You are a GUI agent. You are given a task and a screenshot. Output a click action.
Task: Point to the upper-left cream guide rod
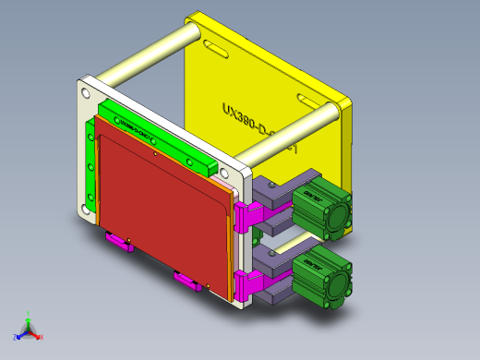click(x=148, y=57)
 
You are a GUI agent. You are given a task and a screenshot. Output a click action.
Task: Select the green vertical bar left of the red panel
click(x=90, y=166)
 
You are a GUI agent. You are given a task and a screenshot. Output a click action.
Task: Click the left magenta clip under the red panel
click(x=119, y=244)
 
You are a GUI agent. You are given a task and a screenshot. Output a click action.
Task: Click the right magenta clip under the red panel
click(x=187, y=281)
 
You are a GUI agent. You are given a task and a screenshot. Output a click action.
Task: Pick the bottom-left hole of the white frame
click(x=86, y=210)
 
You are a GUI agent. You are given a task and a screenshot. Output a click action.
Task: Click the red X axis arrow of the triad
click(x=39, y=335)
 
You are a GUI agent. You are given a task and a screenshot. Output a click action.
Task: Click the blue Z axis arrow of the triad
click(x=18, y=332)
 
